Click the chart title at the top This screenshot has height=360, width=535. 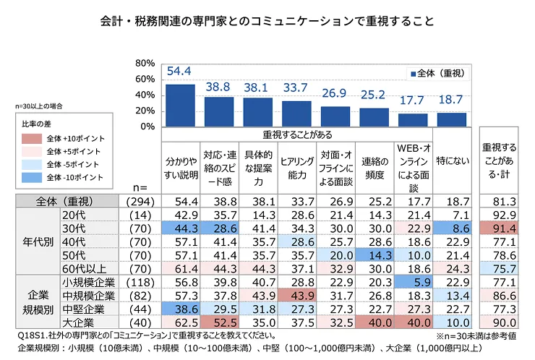(x=267, y=20)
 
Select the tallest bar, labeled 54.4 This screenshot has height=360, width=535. (x=180, y=106)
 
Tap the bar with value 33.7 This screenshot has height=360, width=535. (x=296, y=113)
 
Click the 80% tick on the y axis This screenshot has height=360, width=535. (x=145, y=63)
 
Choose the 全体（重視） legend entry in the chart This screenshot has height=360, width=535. (x=437, y=74)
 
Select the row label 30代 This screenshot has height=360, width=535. (x=76, y=228)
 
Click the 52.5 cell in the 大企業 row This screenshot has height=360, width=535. (x=219, y=322)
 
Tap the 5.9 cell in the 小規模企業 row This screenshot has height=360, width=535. (x=414, y=282)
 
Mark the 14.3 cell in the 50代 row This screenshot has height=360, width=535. (x=374, y=254)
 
